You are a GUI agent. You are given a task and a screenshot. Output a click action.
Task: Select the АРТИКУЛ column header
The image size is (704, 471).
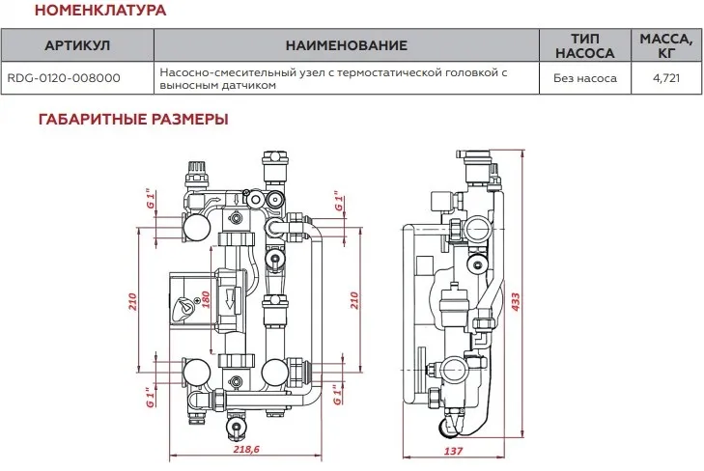78,46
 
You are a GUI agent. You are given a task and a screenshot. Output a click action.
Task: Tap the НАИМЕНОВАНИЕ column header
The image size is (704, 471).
347,46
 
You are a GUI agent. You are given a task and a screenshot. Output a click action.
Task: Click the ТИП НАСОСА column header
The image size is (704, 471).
580,46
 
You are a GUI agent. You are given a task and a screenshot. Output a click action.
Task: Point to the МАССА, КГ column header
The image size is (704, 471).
665,46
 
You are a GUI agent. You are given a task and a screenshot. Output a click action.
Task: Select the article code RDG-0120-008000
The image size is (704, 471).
64,78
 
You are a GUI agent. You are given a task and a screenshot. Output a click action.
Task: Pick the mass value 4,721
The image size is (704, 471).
665,78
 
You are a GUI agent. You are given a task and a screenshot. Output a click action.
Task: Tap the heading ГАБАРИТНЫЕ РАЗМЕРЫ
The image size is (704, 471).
133,121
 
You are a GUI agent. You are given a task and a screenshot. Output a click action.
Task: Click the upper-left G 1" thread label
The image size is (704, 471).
150,199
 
